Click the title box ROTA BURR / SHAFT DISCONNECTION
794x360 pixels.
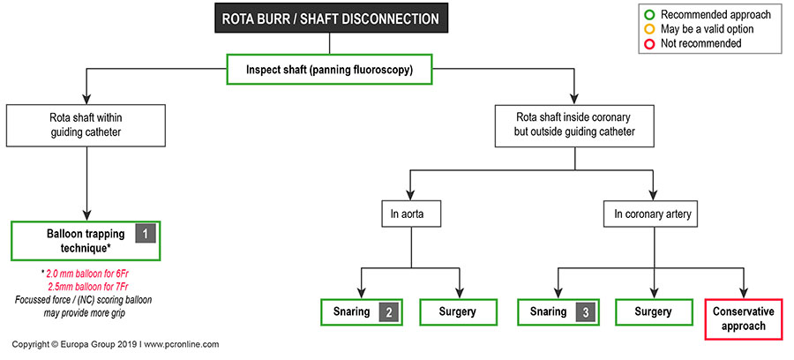(x=329, y=18)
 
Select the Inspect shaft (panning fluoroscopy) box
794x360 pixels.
(x=328, y=69)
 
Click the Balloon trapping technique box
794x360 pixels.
(x=86, y=240)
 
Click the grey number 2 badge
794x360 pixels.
(x=389, y=311)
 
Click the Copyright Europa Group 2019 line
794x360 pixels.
(x=115, y=344)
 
